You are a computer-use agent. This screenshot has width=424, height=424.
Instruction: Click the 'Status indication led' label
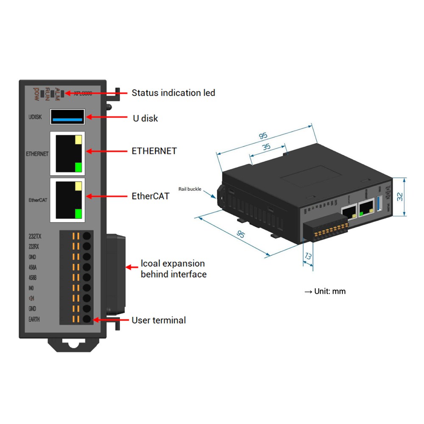pyautogui.click(x=173, y=92)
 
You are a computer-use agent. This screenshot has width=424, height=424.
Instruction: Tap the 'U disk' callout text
pyautogui.click(x=145, y=118)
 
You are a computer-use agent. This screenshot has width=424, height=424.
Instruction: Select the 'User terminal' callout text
pyautogui.click(x=159, y=320)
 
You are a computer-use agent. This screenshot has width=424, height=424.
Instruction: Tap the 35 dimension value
pyautogui.click(x=266, y=148)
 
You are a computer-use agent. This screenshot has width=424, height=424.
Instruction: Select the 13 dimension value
pyautogui.click(x=308, y=257)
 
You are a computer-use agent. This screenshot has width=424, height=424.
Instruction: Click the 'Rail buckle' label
pyautogui.click(x=190, y=189)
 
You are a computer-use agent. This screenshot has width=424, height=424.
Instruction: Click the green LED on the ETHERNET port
pyautogui.click(x=78, y=167)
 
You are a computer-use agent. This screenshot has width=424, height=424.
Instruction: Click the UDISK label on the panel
pyautogui.click(x=35, y=117)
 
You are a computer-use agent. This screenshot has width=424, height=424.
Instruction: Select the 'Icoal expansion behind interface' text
pyautogui.click(x=173, y=269)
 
